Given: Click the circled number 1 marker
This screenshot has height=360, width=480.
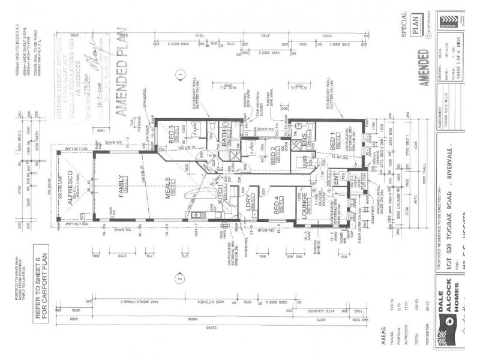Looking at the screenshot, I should pos(179,76).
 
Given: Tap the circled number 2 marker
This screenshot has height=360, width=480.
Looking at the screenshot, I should pos(178,278).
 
